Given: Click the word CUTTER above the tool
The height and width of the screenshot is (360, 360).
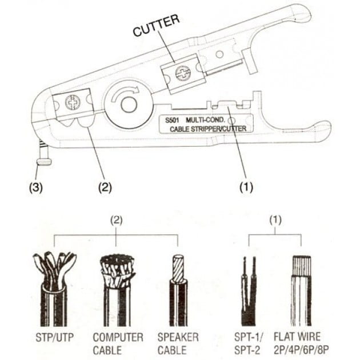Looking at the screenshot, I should pos(156,25).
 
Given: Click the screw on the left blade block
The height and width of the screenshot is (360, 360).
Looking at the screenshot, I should pos(72,103).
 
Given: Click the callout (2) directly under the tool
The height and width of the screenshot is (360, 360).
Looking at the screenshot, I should pos(104,186).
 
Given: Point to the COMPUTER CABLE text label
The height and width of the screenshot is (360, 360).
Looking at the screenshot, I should pos(117,343).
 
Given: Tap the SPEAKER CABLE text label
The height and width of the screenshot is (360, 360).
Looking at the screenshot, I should pos(178,343).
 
